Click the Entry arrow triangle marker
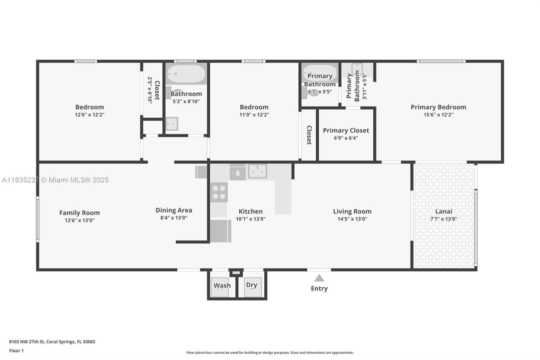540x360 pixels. tap(319, 278)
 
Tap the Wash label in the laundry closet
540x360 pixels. tap(222, 285)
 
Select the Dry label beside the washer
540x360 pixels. tap(252, 285)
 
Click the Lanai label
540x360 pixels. tap(444, 211)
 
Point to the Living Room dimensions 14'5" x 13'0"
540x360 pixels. tap(352, 219)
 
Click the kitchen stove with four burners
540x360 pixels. tap(219, 192)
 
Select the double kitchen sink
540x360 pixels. tap(257, 171)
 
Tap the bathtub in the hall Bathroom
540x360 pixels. tap(186, 74)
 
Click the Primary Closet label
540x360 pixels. tap(346, 130)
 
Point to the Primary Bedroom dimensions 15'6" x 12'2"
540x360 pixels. tap(438, 114)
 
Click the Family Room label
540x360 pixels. tap(79, 212)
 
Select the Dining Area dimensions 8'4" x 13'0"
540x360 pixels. tap(174, 218)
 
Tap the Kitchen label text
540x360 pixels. tap(250, 211)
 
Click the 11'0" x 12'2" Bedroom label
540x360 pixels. tap(254, 107)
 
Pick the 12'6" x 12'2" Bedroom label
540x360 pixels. tap(89, 107)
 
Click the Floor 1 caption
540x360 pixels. tap(16, 350)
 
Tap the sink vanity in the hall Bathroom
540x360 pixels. tap(171, 123)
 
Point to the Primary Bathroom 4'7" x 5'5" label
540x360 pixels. tap(320, 83)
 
